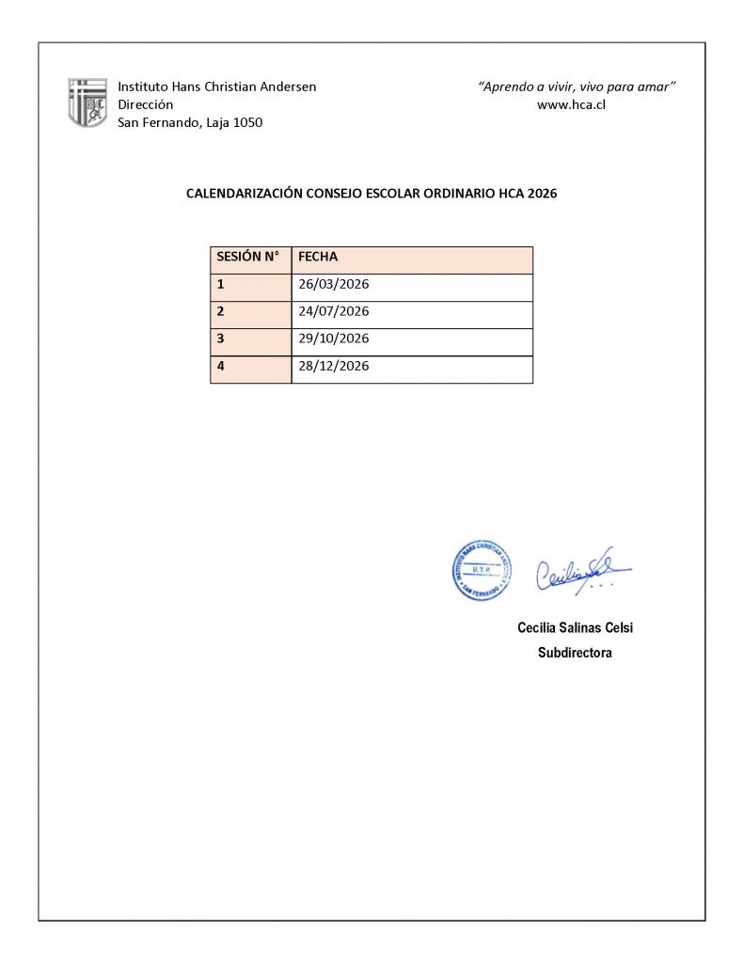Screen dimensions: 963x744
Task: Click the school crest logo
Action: [87, 103]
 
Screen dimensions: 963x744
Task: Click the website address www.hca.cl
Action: [570, 104]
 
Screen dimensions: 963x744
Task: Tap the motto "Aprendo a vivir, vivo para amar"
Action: [578, 87]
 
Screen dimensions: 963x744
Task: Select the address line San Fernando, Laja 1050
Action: [190, 122]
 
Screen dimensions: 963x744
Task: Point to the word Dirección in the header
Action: [145, 104]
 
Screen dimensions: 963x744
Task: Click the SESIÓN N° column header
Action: [247, 257]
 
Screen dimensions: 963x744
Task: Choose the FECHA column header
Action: [317, 257]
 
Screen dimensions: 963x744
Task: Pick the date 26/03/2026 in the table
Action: [333, 284]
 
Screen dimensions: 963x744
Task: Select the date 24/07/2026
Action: [333, 311]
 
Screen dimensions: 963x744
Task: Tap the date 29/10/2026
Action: [333, 339]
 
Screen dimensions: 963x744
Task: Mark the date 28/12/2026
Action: [333, 366]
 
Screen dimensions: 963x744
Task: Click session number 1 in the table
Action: [221, 284]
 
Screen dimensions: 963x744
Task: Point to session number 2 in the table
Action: [221, 311]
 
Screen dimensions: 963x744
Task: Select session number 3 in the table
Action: [221, 339]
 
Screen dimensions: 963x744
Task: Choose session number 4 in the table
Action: [221, 366]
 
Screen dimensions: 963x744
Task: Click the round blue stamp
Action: [482, 570]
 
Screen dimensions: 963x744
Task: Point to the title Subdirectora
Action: [574, 653]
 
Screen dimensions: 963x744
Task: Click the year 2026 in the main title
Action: [542, 195]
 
